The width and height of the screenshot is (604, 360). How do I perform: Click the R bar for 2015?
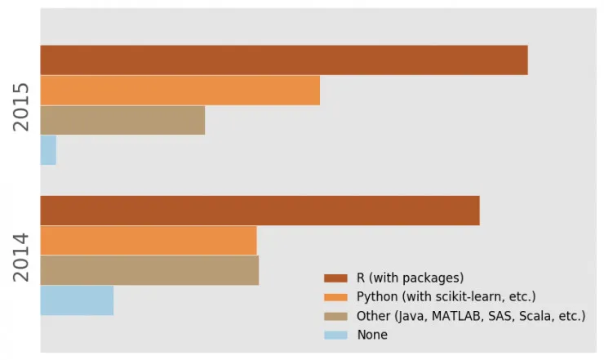click(284, 60)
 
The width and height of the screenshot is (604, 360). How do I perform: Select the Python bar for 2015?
click(180, 90)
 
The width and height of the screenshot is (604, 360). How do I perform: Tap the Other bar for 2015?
click(122, 120)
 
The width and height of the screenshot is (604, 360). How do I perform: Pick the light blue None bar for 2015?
click(48, 149)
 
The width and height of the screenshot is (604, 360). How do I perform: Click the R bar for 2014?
click(260, 211)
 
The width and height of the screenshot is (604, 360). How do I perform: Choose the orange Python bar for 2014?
click(148, 241)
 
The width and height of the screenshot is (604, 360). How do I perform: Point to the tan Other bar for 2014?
click(149, 270)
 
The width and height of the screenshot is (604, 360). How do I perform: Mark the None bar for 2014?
click(77, 300)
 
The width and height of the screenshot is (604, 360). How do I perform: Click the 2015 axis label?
click(21, 106)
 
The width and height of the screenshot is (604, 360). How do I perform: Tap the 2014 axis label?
click(21, 256)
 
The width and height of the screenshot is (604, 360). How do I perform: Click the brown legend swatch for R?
click(335, 278)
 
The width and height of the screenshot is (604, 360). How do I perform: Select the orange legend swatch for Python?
click(335, 296)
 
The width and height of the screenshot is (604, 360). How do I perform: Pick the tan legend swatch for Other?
click(335, 316)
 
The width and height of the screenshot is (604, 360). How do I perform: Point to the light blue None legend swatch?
click(335, 335)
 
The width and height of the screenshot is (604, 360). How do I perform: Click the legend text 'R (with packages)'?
click(411, 278)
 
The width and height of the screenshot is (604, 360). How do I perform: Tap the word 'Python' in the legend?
click(377, 296)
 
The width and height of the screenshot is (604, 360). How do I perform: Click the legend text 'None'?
click(372, 335)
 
